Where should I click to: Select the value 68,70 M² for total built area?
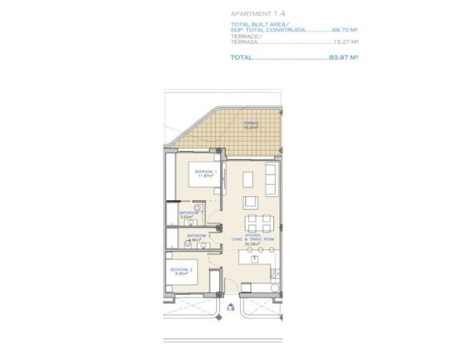point(344,30)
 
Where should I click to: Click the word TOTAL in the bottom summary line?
point(241,58)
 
